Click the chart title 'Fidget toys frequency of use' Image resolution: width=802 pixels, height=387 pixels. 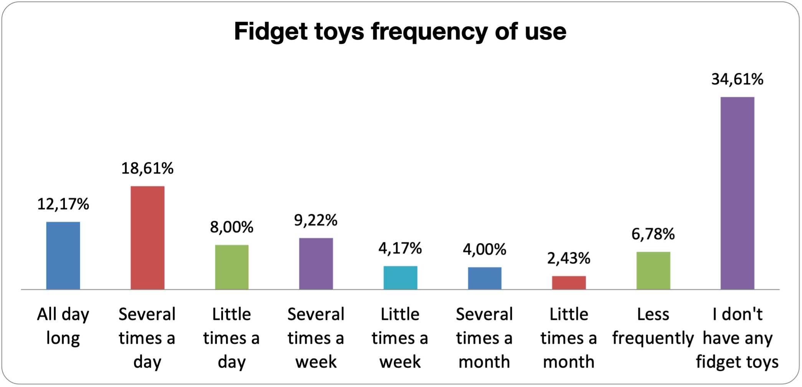[x=400, y=31]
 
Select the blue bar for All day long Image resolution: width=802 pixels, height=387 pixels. [x=63, y=256]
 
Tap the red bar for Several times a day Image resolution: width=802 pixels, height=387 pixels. [x=148, y=238]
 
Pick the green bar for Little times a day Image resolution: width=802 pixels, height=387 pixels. [x=232, y=267]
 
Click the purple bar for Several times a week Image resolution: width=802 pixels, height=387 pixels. [x=316, y=264]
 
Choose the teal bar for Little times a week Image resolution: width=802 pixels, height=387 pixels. [x=401, y=278]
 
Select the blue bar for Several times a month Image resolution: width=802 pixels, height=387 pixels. [x=485, y=278]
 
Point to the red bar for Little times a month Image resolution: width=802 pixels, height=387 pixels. [x=569, y=283]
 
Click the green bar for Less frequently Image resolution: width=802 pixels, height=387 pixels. [x=653, y=271]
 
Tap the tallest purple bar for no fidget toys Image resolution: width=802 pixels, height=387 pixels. [x=738, y=193]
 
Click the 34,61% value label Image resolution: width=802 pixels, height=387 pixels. [x=738, y=79]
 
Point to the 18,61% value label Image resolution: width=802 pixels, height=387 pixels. [x=148, y=169]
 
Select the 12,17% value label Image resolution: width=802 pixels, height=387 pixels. [x=63, y=204]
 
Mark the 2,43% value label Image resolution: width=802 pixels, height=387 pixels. [x=569, y=258]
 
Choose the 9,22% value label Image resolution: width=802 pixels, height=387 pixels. [x=316, y=220]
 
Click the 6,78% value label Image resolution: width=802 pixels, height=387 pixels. [x=653, y=234]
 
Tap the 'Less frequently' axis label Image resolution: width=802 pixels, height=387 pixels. [x=653, y=327]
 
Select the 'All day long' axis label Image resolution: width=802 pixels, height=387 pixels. [x=63, y=327]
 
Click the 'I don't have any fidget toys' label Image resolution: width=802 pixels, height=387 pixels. [x=738, y=339]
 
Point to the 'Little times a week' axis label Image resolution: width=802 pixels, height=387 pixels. [x=400, y=339]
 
